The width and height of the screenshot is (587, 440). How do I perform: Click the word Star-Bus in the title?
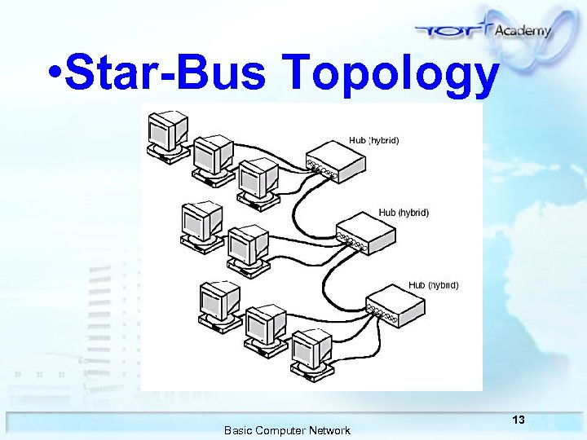click(x=166, y=75)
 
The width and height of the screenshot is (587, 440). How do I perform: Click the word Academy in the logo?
click(x=523, y=30)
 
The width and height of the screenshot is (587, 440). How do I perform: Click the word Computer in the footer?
click(x=282, y=430)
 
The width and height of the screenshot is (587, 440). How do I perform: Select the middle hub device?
click(x=366, y=235)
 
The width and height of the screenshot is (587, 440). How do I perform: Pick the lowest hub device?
click(x=395, y=306)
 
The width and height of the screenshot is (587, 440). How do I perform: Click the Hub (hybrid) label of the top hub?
click(x=373, y=140)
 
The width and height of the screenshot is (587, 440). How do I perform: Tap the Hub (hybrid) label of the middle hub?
click(x=404, y=212)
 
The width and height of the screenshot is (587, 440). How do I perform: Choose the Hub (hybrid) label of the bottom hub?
click(x=433, y=285)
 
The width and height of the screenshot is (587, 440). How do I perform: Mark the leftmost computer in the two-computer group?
click(x=201, y=222)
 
